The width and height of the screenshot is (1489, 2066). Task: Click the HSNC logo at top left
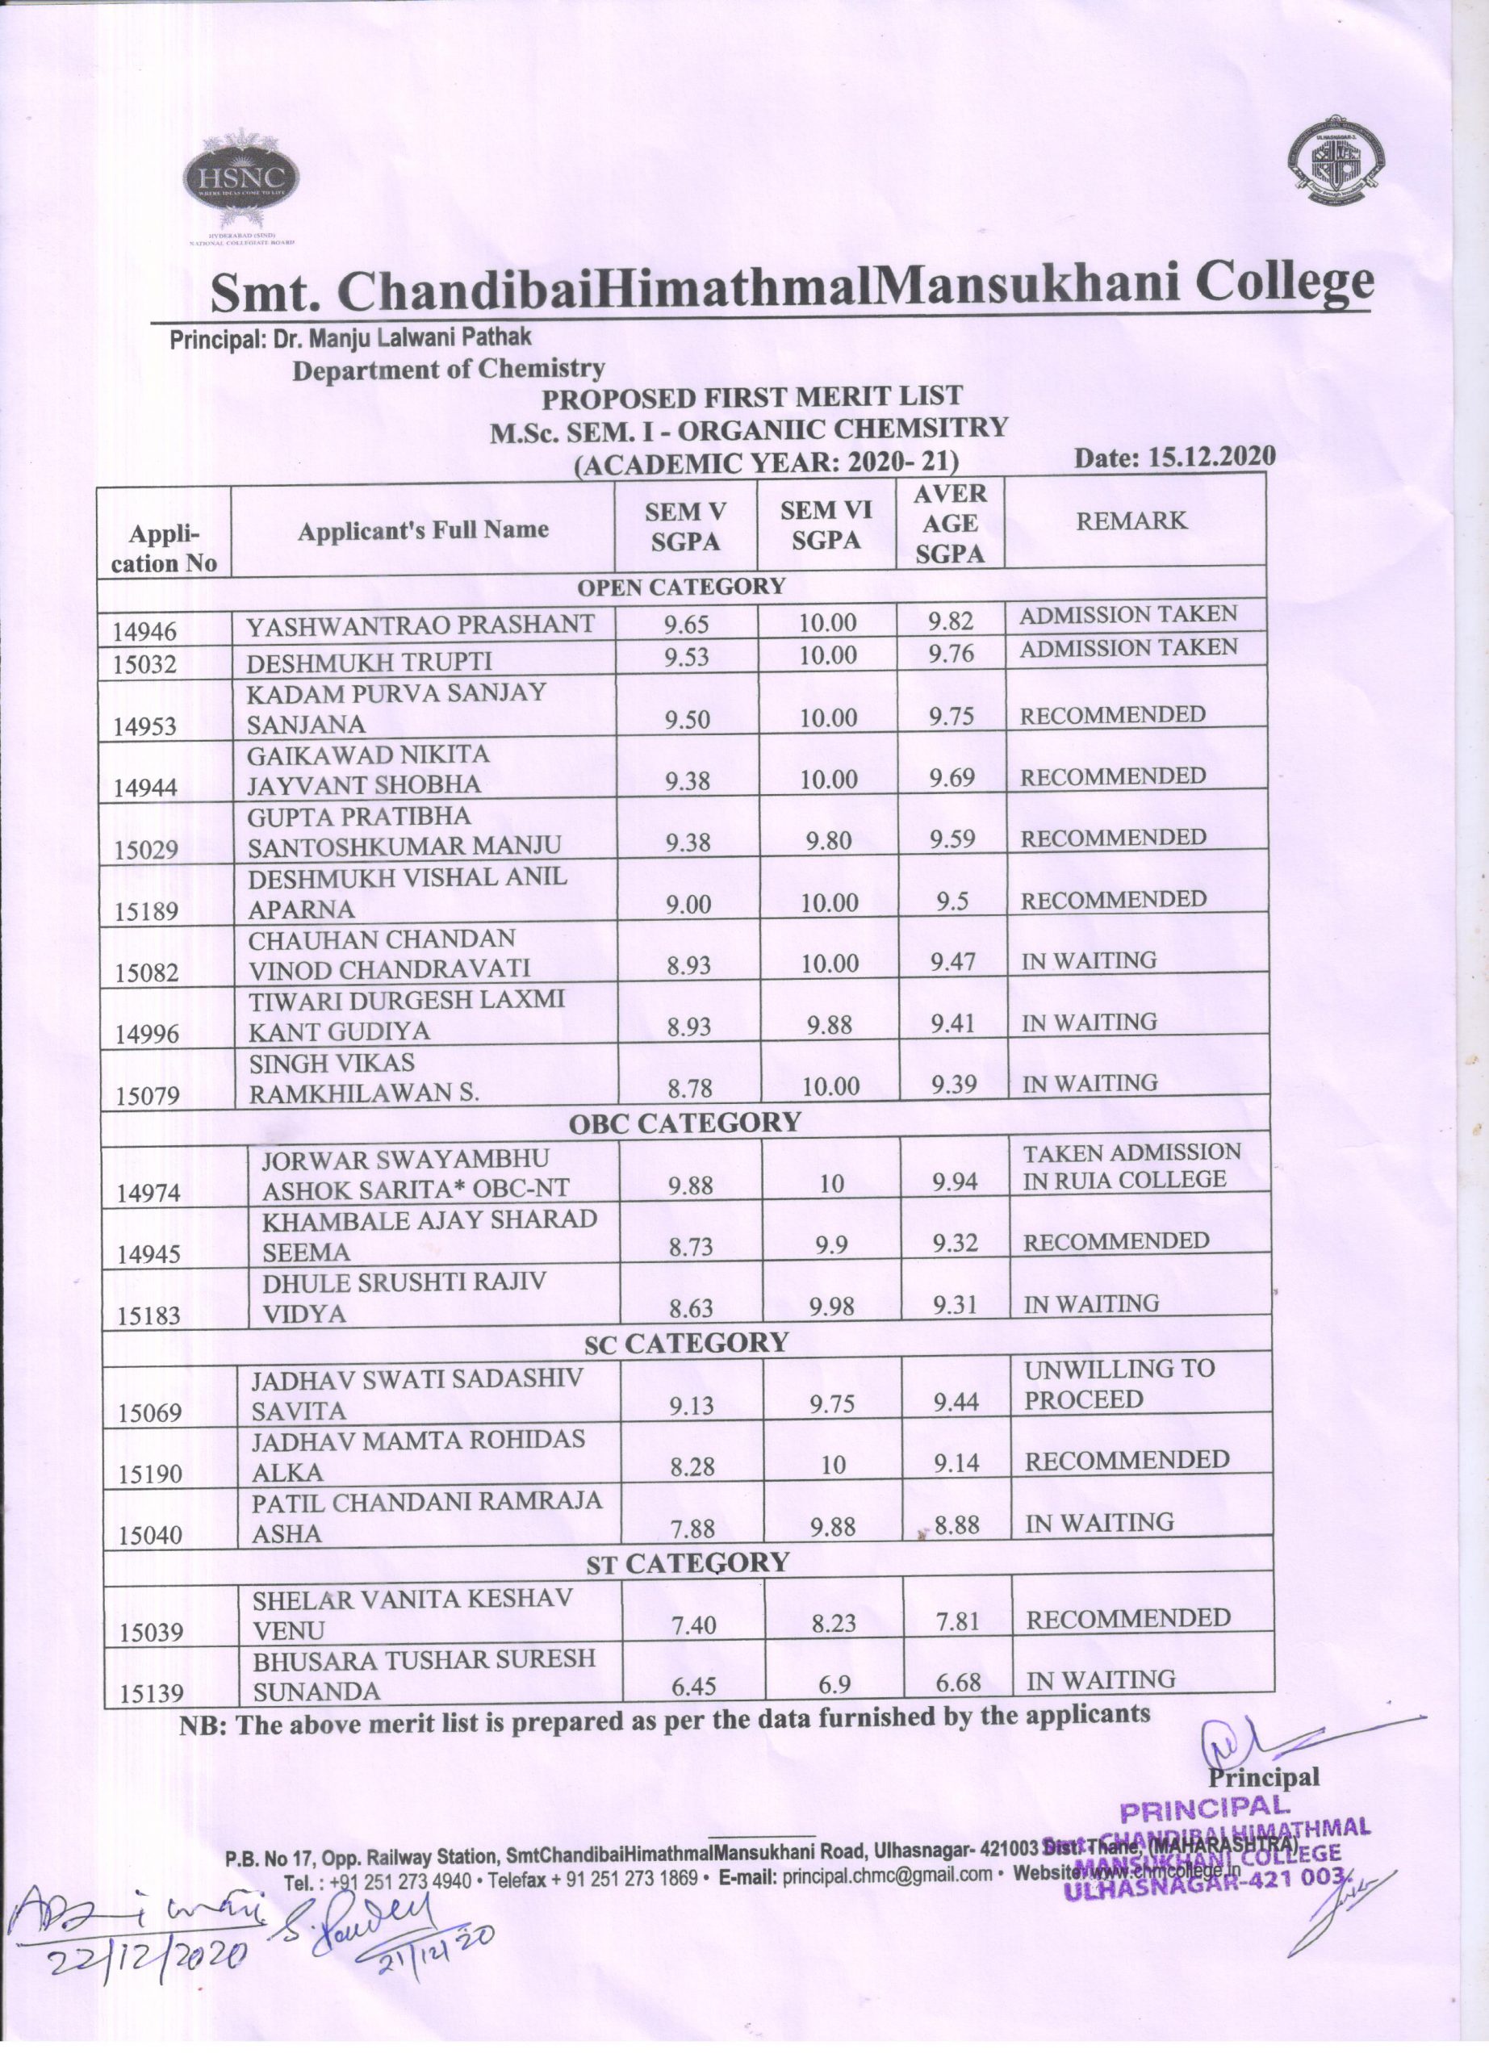240,178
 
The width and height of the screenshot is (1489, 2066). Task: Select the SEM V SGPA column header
685,526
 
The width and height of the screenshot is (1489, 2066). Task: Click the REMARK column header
1132,521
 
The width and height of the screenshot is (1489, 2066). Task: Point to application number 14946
146,630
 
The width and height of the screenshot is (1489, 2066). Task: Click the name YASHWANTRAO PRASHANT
420,625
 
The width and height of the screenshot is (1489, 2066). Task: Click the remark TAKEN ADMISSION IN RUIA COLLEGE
1131,1166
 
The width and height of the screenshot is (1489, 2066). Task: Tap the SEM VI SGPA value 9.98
830,1307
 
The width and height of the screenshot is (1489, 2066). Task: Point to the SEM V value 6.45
693,1687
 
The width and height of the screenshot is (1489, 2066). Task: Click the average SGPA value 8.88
956,1525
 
